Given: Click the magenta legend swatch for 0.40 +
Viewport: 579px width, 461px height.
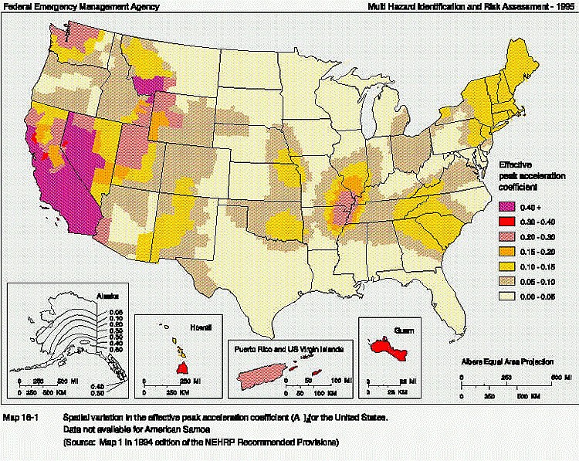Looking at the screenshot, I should (508, 207).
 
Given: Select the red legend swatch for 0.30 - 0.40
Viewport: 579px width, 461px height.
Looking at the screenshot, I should (508, 222).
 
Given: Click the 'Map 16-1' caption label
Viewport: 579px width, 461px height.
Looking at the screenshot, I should (22, 418).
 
